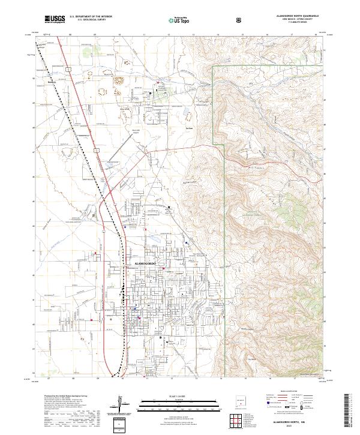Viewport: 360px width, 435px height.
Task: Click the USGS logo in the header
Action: coord(55,19)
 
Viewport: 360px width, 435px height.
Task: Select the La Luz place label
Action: coord(189,128)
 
